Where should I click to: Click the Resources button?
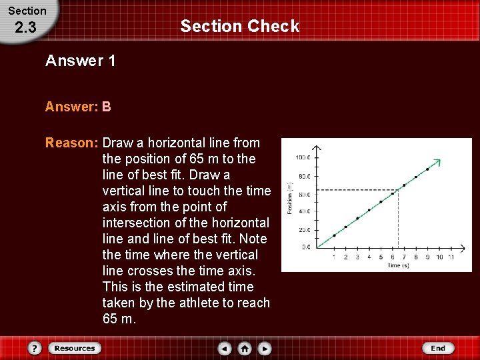[x=74, y=348]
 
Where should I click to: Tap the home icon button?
[x=245, y=348]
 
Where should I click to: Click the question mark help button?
[x=35, y=348]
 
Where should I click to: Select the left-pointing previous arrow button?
[x=225, y=348]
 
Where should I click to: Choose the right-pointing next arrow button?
[x=265, y=348]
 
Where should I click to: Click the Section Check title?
[x=239, y=27]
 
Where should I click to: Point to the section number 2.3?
[x=25, y=28]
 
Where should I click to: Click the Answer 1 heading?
[x=80, y=61]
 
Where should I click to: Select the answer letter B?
[x=107, y=107]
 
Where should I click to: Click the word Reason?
[x=71, y=143]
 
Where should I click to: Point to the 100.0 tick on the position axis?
[x=303, y=158]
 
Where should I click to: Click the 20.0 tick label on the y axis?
[x=303, y=230]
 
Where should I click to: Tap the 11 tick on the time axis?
[x=451, y=257]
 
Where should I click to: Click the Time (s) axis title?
[x=399, y=265]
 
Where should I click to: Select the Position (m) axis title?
[x=290, y=199]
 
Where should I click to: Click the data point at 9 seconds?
[x=427, y=169]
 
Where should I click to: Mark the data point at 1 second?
[x=334, y=235]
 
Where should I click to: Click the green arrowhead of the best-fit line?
[x=437, y=161]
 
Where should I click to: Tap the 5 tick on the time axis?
[x=381, y=257]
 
